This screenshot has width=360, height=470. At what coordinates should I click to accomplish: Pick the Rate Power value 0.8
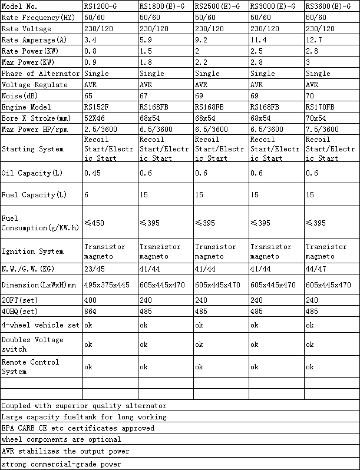coord(91,51)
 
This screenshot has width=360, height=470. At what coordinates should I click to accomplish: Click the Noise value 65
coord(88,95)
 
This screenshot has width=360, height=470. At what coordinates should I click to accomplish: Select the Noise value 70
coord(311,95)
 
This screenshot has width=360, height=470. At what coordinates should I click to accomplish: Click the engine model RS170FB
coord(320,107)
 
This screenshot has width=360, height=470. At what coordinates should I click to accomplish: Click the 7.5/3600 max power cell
coord(322,130)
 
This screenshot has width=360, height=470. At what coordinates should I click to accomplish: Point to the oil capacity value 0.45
coord(93,173)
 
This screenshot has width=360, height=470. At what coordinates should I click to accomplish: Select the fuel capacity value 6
coord(86,194)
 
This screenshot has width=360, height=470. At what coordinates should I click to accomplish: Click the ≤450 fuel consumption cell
coord(95,223)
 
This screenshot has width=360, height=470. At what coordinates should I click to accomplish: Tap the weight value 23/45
coord(95,269)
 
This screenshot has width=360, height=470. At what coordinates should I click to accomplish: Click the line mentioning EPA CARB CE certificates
coord(78,428)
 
